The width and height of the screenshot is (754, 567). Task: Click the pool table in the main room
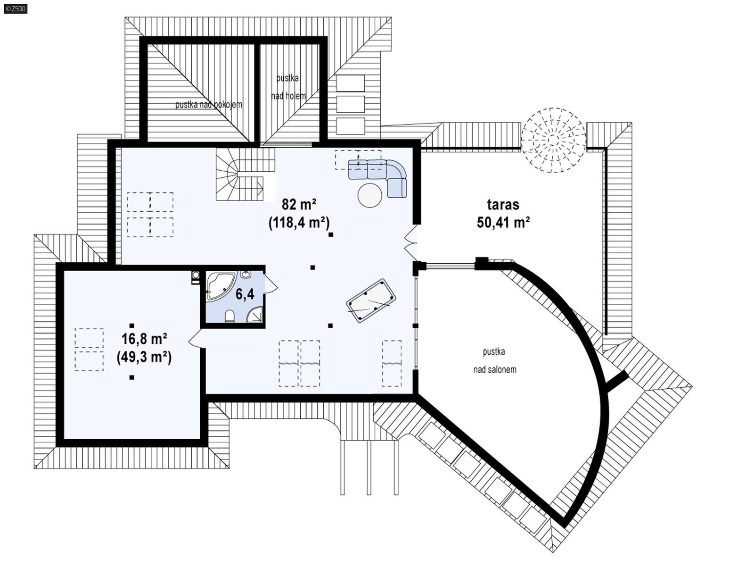(371, 300)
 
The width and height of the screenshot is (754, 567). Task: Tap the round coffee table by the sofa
(370, 195)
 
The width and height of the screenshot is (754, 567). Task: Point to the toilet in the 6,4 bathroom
(230, 316)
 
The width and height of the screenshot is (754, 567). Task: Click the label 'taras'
(503, 204)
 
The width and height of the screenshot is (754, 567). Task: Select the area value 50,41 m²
(503, 222)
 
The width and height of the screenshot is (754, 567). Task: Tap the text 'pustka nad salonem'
(494, 360)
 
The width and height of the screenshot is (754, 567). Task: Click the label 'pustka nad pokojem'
(209, 105)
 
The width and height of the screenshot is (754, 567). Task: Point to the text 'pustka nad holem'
(288, 87)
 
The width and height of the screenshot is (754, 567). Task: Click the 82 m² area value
(299, 204)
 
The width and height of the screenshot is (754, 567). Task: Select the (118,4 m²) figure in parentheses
(299, 222)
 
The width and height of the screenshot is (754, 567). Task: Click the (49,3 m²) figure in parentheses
(144, 357)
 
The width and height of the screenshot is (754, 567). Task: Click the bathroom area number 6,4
(245, 294)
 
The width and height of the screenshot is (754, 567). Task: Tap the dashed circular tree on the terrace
(554, 140)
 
